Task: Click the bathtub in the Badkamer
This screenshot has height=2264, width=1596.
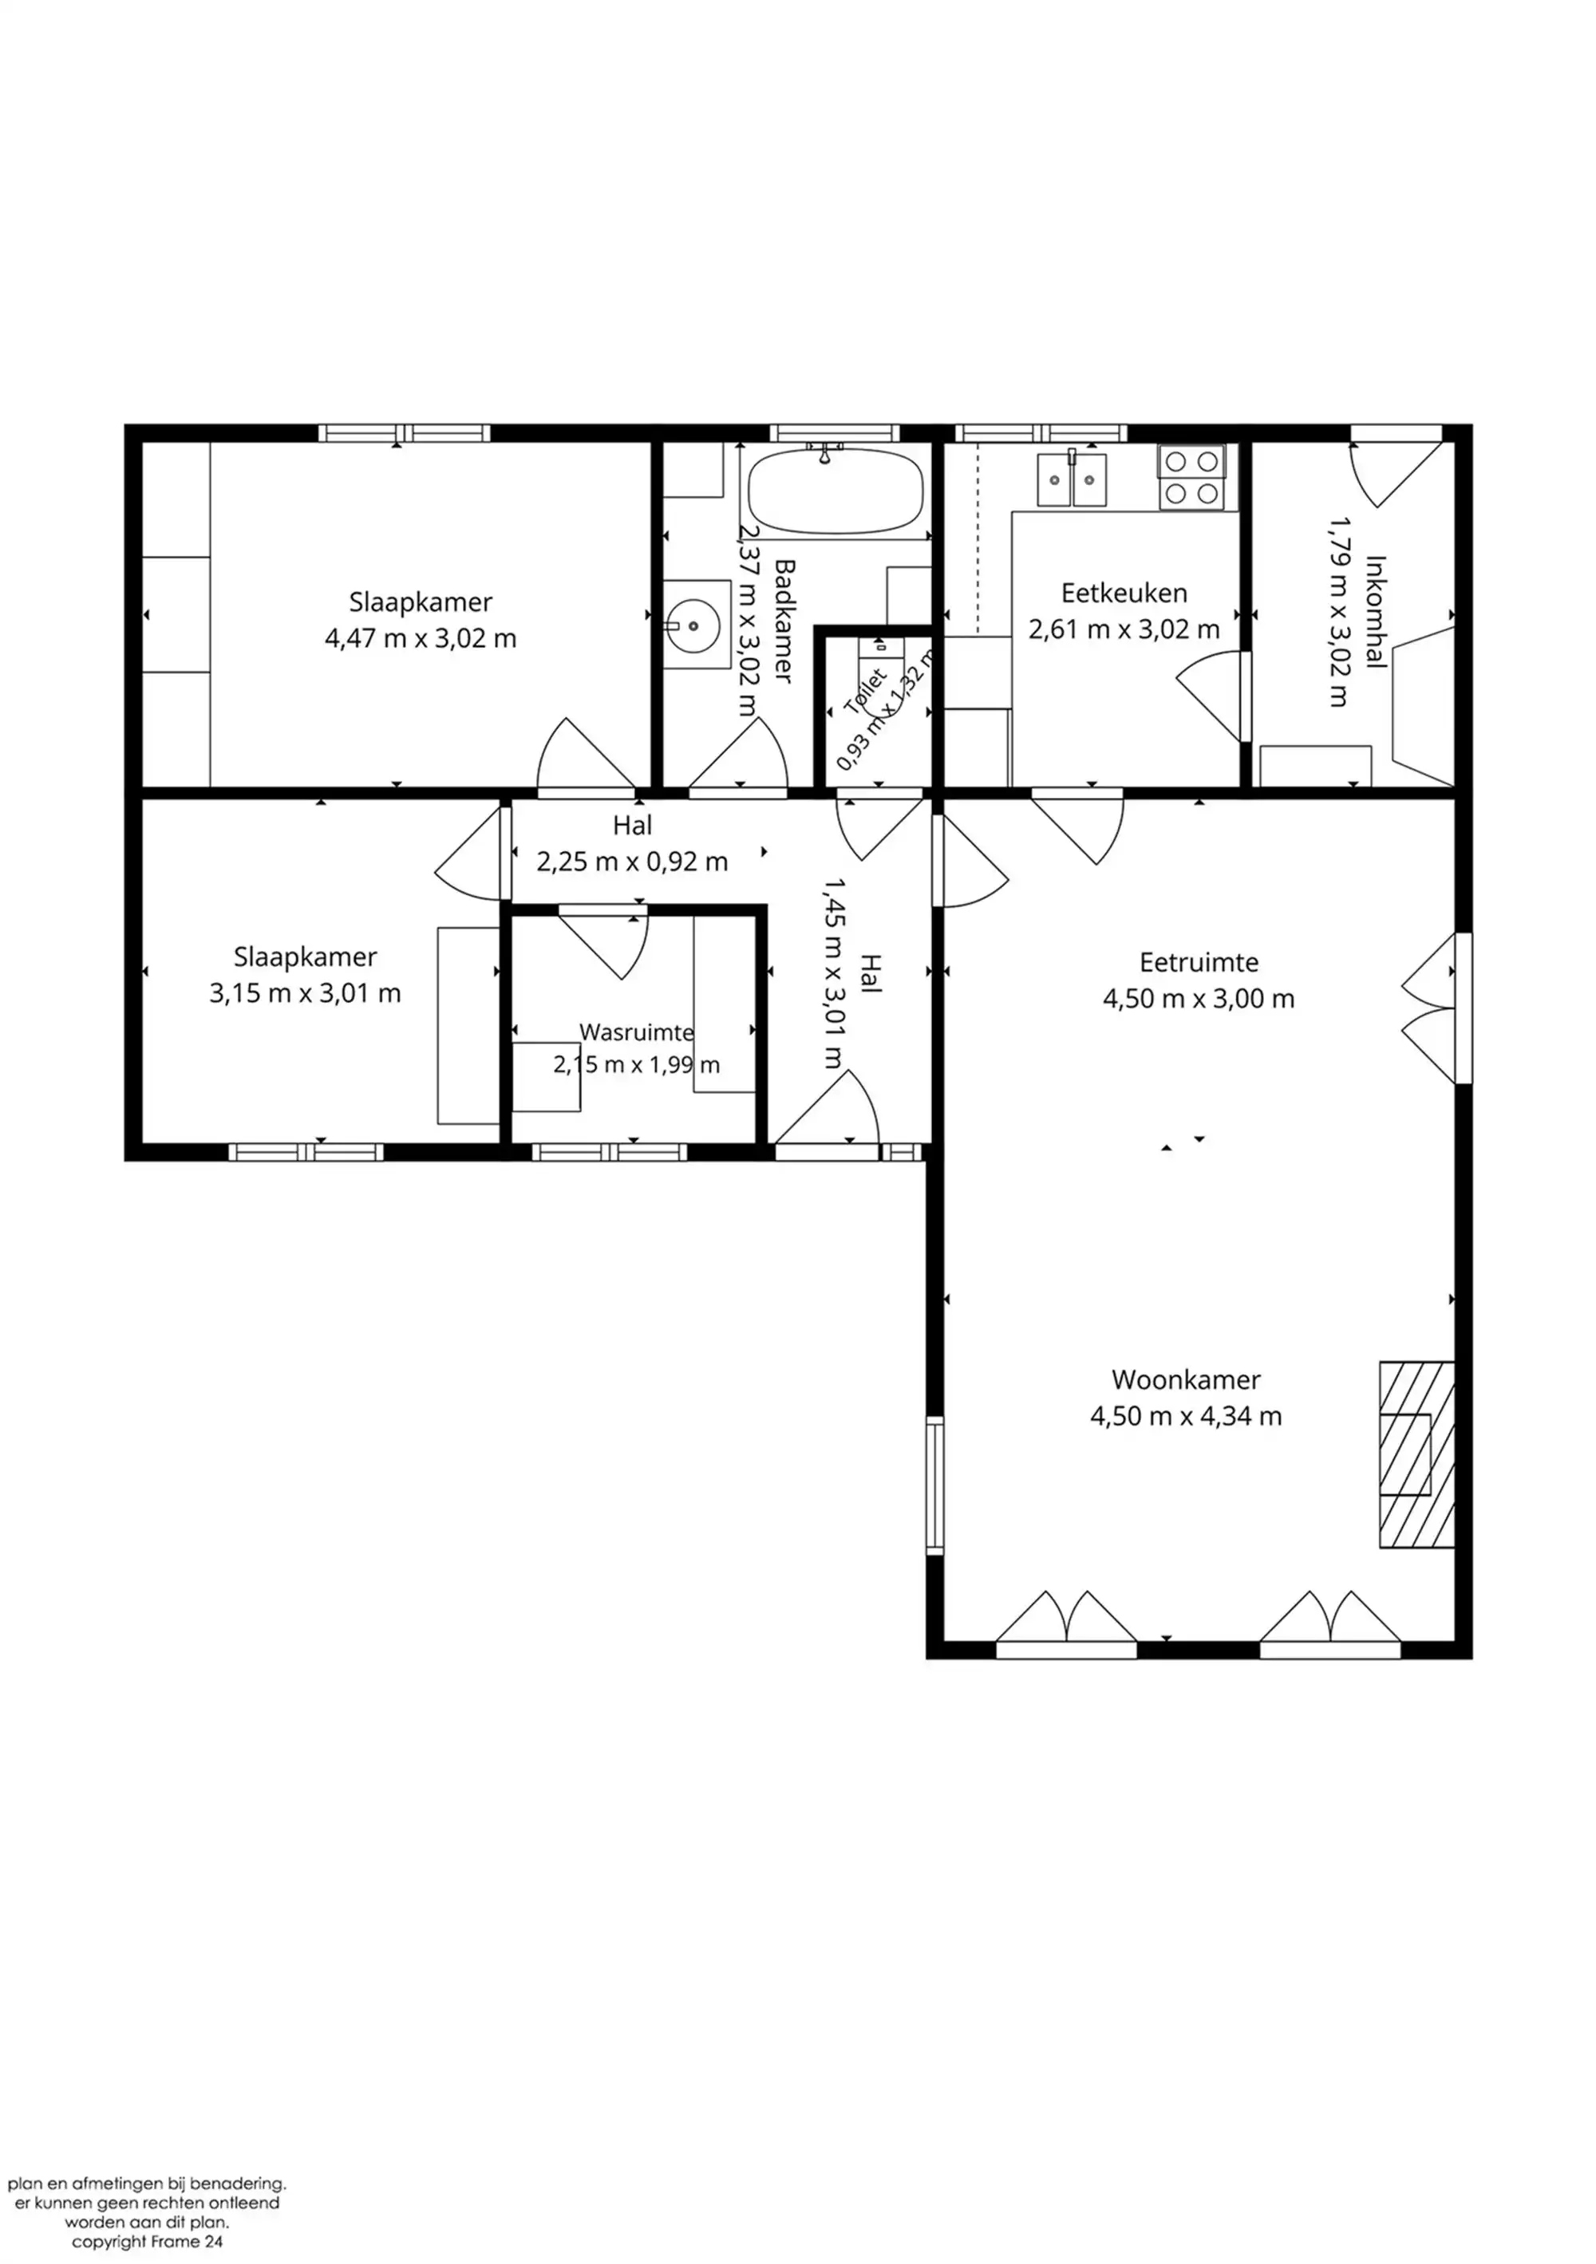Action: [x=836, y=492]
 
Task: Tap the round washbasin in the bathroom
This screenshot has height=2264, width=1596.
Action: [x=693, y=625]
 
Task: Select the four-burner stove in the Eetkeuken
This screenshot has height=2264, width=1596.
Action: [x=1191, y=477]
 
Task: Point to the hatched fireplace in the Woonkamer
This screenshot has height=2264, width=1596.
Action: [x=1416, y=1454]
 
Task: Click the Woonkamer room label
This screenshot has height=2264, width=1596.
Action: [x=1186, y=1379]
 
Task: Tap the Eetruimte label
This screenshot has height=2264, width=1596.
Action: [x=1199, y=961]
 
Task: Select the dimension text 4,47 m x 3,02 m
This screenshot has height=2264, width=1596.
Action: [x=421, y=639]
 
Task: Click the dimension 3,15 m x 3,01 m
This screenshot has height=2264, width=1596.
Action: [x=305, y=993]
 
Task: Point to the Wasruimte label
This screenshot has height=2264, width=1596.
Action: [x=636, y=1032]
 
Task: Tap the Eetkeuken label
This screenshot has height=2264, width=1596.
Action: [x=1124, y=593]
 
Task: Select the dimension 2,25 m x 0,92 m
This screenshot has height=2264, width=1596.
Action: [x=632, y=862]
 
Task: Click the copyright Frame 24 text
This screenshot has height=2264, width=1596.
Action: [x=147, y=2242]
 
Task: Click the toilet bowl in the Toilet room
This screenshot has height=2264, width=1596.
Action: [x=880, y=647]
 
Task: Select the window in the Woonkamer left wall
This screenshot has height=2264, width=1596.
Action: [x=934, y=1485]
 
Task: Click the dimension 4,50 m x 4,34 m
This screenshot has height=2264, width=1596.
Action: [x=1186, y=1416]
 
